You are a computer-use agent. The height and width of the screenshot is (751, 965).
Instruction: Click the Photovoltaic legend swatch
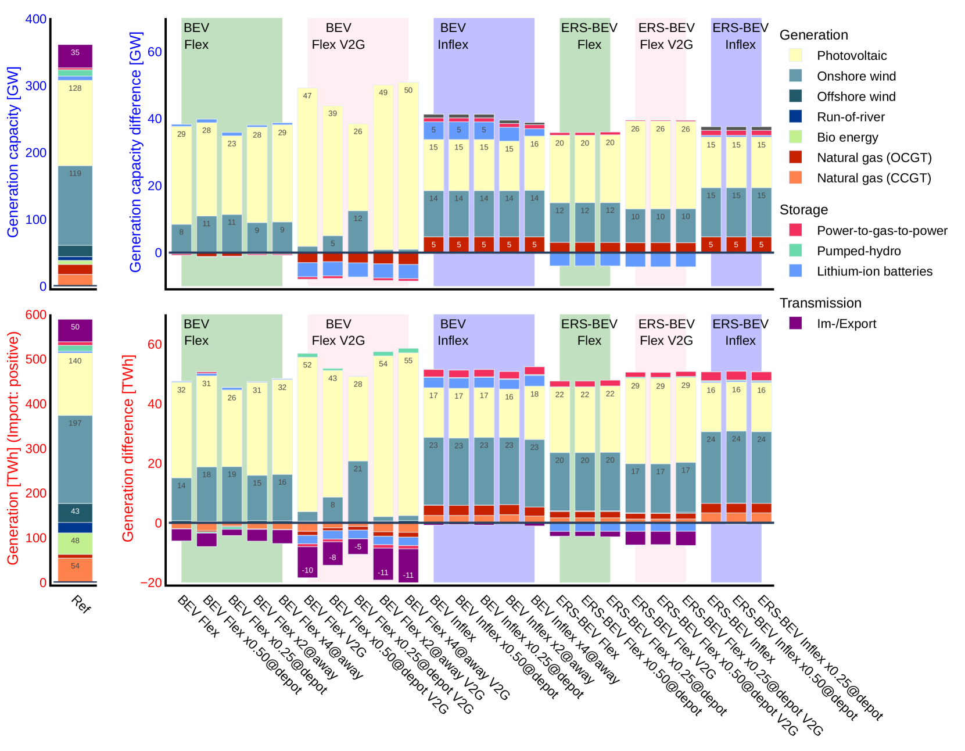(x=795, y=55)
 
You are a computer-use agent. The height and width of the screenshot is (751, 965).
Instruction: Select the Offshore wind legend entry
(x=856, y=96)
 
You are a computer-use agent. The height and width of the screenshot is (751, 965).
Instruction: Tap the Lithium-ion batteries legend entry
(x=874, y=271)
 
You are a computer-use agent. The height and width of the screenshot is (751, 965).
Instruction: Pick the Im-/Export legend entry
(x=846, y=324)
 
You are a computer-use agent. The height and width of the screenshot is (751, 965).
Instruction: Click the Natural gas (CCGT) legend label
(x=874, y=178)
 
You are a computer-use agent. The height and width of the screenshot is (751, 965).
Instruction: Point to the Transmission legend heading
(x=820, y=303)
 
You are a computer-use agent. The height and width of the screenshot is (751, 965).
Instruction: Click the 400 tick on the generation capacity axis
(x=36, y=19)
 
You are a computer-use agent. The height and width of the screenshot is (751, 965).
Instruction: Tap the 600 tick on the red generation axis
(x=36, y=315)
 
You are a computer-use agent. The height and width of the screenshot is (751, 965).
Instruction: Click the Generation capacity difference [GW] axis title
(x=135, y=151)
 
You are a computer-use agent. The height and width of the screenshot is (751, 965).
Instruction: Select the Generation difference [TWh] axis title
(x=128, y=448)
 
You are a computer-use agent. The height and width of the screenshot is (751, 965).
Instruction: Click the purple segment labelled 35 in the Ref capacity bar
(x=75, y=56)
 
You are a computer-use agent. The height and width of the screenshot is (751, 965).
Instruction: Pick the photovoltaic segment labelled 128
(x=75, y=122)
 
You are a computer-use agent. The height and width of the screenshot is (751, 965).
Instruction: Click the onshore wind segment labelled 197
(x=75, y=459)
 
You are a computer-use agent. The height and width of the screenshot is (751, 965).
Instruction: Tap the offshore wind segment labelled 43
(x=75, y=512)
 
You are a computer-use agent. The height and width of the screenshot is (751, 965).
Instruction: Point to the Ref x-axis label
(x=81, y=605)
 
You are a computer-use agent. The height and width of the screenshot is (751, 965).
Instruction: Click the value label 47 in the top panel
(x=307, y=96)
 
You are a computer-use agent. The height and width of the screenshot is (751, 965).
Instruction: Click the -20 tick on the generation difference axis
(x=151, y=583)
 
